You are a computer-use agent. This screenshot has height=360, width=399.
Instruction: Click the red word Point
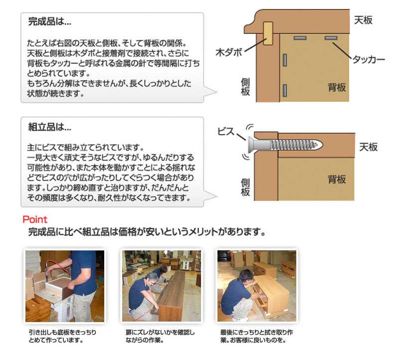[x=35, y=219]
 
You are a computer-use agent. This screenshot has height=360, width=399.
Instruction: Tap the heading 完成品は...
[x=49, y=21]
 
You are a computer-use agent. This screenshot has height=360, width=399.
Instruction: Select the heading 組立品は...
[x=49, y=127]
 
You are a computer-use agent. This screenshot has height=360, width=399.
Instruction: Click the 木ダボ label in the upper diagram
[x=229, y=52]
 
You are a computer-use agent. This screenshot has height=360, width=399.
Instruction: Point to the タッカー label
[x=369, y=59]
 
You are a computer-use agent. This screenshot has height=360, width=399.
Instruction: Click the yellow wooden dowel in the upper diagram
[x=268, y=33]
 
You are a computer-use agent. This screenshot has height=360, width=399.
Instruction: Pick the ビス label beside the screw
[x=226, y=132]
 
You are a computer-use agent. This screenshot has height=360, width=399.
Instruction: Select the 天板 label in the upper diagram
[x=363, y=20]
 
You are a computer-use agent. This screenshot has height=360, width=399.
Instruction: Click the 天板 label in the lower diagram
[x=368, y=147]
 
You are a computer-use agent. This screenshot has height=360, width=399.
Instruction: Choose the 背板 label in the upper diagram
[x=337, y=88]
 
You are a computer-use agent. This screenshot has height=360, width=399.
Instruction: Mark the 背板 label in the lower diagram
[x=337, y=180]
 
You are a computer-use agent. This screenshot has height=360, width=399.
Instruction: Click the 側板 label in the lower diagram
[x=245, y=187]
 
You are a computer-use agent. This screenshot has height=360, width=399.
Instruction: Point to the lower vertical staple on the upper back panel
[x=285, y=90]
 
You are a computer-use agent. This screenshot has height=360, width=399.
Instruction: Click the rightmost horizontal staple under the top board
[x=331, y=38]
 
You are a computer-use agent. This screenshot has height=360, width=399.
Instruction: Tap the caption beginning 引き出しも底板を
[x=62, y=336]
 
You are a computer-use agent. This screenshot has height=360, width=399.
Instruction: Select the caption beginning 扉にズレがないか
[x=160, y=336]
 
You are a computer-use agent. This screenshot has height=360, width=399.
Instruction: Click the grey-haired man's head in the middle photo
[x=151, y=279]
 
